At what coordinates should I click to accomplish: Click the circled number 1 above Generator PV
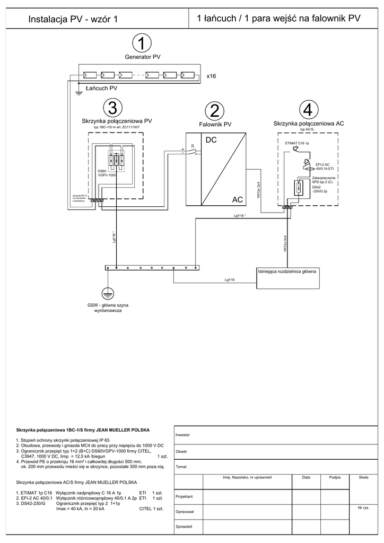pyautogui.click(x=142, y=42)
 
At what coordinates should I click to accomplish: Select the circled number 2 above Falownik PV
pyautogui.click(x=214, y=111)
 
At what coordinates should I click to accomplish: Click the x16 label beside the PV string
pyautogui.click(x=212, y=76)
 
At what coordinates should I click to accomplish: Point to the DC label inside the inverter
pyautogui.click(x=211, y=141)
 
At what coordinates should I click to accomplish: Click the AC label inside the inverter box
pyautogui.click(x=237, y=199)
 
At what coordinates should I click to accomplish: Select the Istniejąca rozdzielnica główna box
pyautogui.click(x=290, y=277)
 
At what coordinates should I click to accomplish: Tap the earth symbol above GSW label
pyautogui.click(x=108, y=292)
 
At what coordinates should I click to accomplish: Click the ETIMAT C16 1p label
pyautogui.click(x=297, y=144)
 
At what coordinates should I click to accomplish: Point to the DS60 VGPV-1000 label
pyautogui.click(x=107, y=173)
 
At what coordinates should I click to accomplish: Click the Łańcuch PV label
pyautogui.click(x=101, y=88)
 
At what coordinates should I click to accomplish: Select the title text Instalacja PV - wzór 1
pyautogui.click(x=73, y=19)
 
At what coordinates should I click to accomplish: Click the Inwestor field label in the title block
pyautogui.click(x=183, y=435)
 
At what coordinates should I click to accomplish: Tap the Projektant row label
pyautogui.click(x=184, y=496)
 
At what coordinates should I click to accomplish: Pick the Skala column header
pyautogui.click(x=363, y=478)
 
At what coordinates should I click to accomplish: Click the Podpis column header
pyautogui.click(x=335, y=478)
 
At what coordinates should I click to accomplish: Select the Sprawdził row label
pyautogui.click(x=184, y=527)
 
